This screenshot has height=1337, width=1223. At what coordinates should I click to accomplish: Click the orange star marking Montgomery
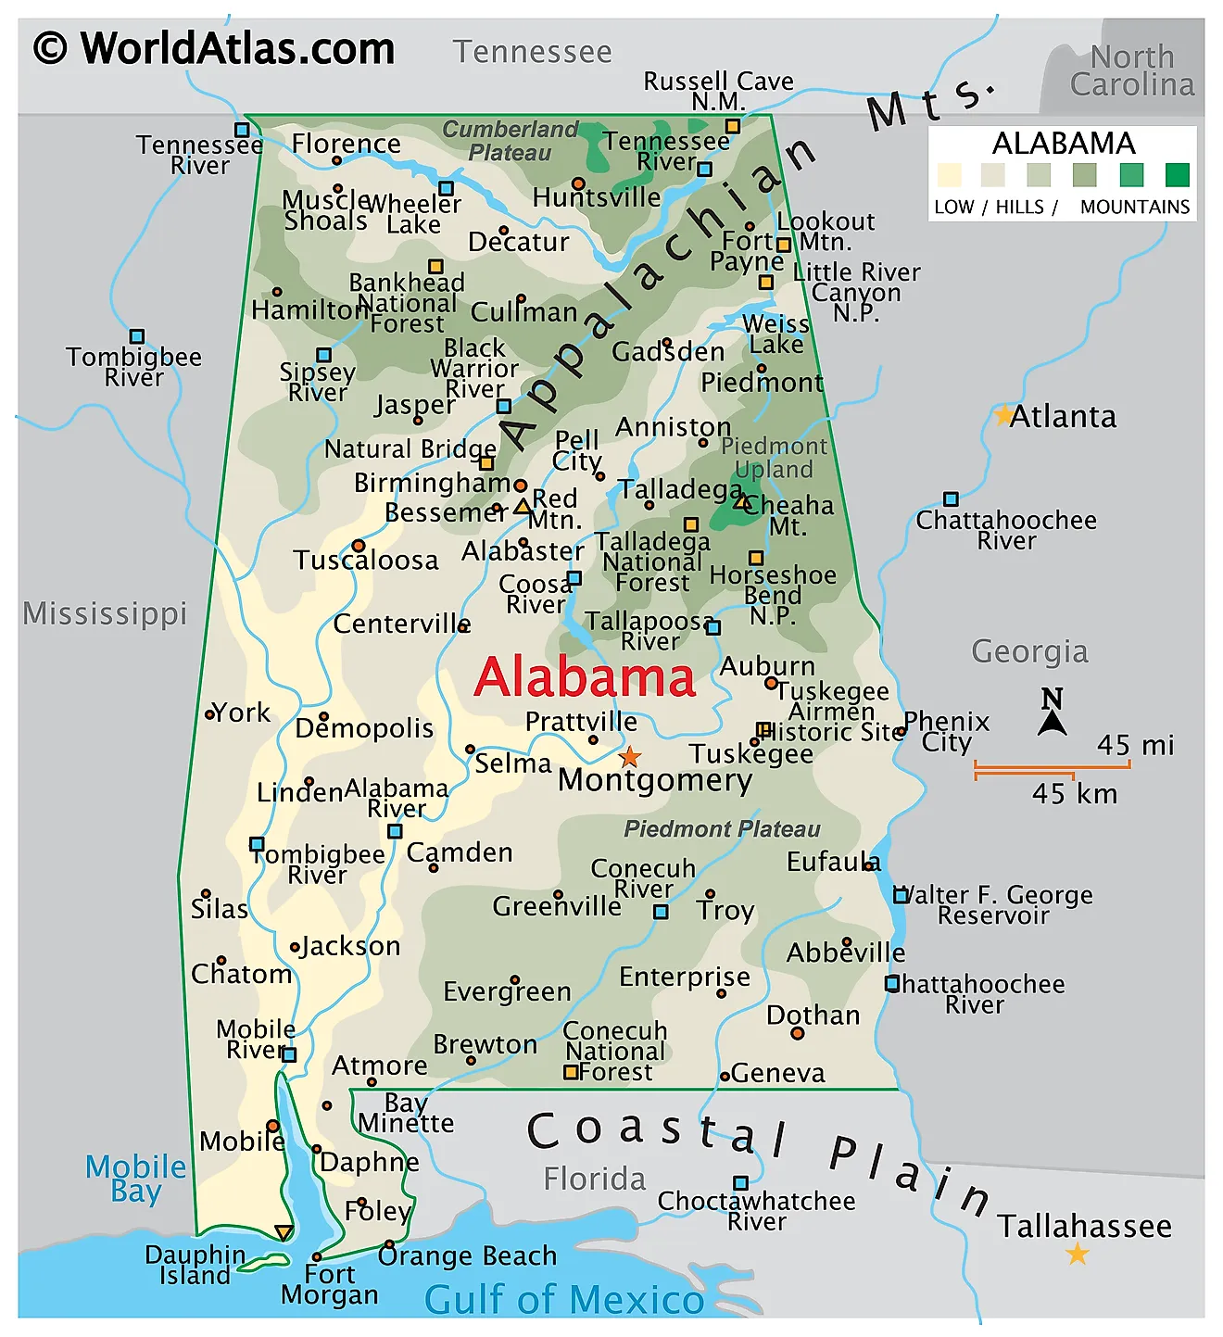pyautogui.click(x=630, y=756)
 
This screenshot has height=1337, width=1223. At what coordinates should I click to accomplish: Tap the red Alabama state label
pyautogui.click(x=585, y=677)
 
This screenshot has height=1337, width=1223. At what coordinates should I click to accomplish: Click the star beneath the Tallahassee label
pyautogui.click(x=1077, y=1255)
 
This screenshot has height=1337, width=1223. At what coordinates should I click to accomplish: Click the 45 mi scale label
pyautogui.click(x=1135, y=745)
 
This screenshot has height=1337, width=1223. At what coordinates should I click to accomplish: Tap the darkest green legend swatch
pyautogui.click(x=1177, y=174)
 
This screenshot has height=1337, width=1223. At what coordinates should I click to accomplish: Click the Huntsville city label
pyautogui.click(x=597, y=197)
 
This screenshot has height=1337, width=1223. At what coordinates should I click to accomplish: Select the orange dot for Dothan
pyautogui.click(x=798, y=1033)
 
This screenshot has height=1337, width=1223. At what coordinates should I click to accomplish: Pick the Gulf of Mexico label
pyautogui.click(x=564, y=1299)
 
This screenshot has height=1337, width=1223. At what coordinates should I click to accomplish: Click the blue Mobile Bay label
pyautogui.click(x=136, y=1179)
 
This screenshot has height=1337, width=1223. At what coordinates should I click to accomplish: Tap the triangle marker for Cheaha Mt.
pyautogui.click(x=740, y=501)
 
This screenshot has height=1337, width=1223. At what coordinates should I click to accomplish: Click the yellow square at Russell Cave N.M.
pyautogui.click(x=733, y=126)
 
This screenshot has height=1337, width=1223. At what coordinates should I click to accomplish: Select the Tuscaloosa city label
pyautogui.click(x=366, y=561)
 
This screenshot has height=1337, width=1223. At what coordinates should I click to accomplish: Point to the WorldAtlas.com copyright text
pyautogui.click(x=214, y=48)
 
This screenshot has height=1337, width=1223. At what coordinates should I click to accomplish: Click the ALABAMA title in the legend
pyautogui.click(x=1064, y=144)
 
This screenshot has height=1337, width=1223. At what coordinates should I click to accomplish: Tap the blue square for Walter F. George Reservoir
pyautogui.click(x=901, y=895)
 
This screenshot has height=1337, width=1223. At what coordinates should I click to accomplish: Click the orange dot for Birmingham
pyautogui.click(x=521, y=485)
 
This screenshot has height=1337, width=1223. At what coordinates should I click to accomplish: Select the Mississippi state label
pyautogui.click(x=105, y=613)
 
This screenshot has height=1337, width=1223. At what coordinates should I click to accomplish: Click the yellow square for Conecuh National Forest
pyautogui.click(x=572, y=1072)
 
